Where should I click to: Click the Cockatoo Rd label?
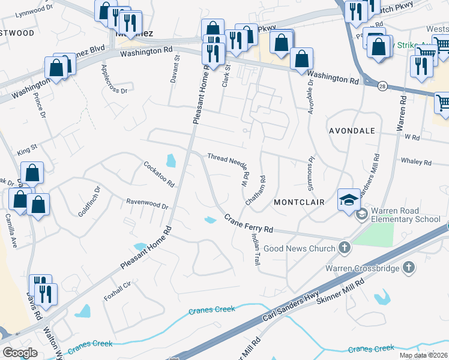[x=158, y=173]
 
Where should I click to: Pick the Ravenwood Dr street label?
[x=146, y=204]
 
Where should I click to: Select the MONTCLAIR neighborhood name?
[x=299, y=202]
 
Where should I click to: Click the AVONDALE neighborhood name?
[x=352, y=130]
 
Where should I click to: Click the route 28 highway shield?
[x=382, y=88]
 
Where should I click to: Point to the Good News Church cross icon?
[x=345, y=247]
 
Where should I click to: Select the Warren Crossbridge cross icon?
[x=408, y=267]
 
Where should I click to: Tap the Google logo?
[x=20, y=353]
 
